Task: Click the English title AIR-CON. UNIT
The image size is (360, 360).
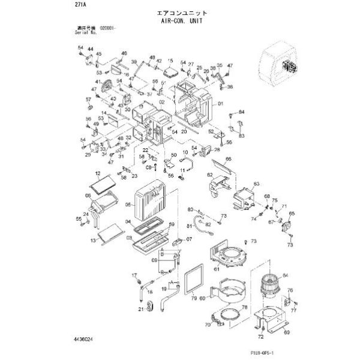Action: tap(180, 20)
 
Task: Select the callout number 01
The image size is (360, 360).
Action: tap(221, 104)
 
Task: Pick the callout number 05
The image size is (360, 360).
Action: tap(128, 205)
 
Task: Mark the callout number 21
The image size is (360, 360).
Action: tap(140, 309)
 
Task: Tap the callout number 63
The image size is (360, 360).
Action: tap(256, 184)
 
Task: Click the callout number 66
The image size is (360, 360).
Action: tap(229, 160)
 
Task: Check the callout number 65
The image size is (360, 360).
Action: tap(292, 214)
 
